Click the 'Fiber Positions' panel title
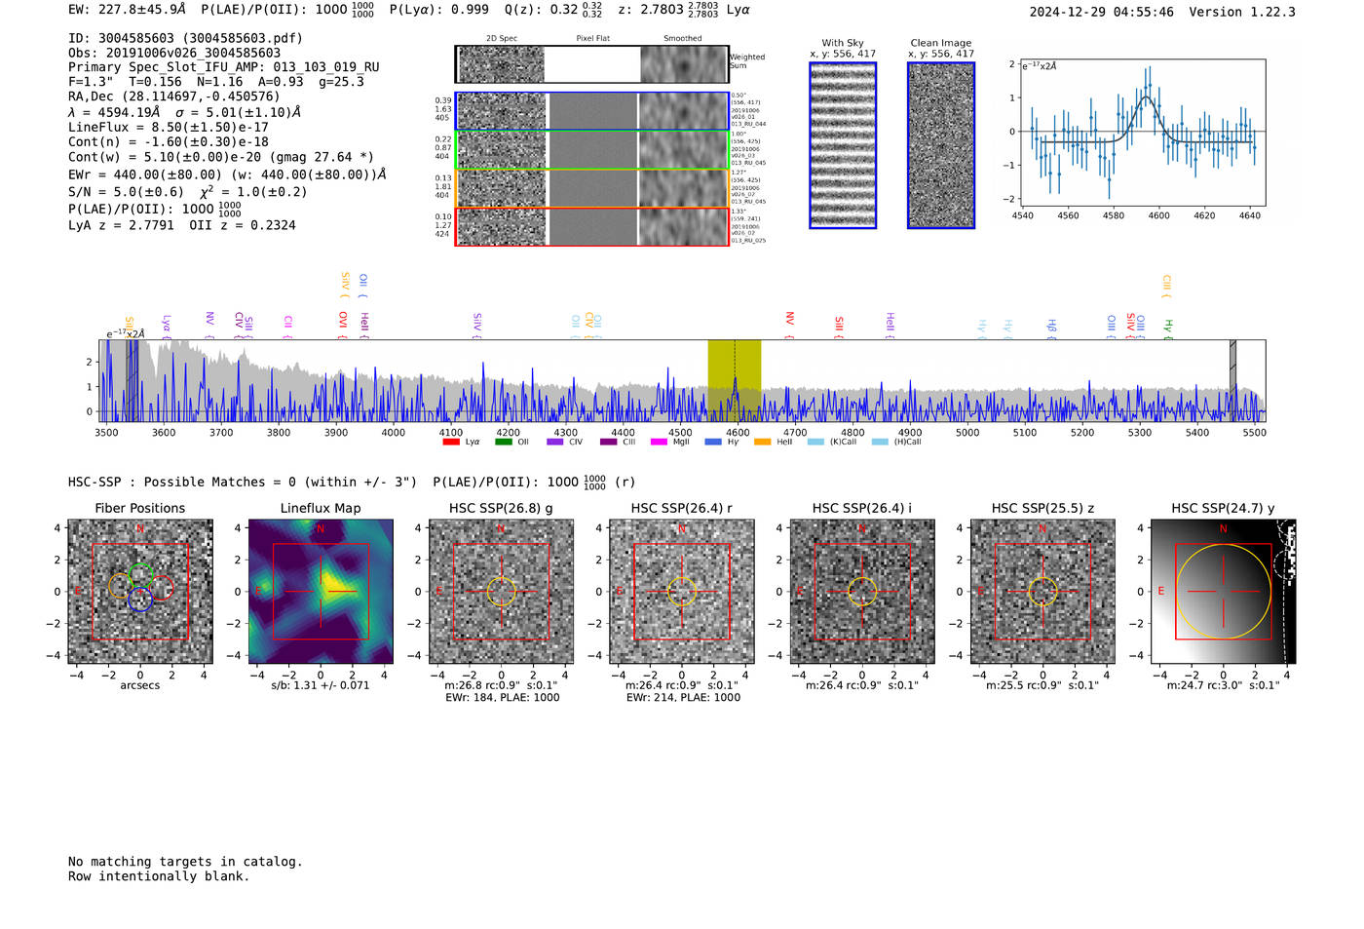(139, 508)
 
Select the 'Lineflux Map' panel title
(321, 508)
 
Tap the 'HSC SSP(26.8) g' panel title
(501, 508)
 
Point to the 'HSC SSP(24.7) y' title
(1223, 508)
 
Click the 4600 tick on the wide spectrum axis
(738, 433)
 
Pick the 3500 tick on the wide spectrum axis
(106, 433)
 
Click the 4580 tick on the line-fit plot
(1114, 215)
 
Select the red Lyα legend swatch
(451, 443)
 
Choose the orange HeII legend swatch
(762, 443)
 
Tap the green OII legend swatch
(503, 443)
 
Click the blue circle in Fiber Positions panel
(140, 600)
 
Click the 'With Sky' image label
(843, 43)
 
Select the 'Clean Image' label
(941, 43)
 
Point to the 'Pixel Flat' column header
(592, 39)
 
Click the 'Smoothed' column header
(682, 39)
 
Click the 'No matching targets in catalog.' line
(185, 862)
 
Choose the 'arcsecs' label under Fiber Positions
(139, 685)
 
